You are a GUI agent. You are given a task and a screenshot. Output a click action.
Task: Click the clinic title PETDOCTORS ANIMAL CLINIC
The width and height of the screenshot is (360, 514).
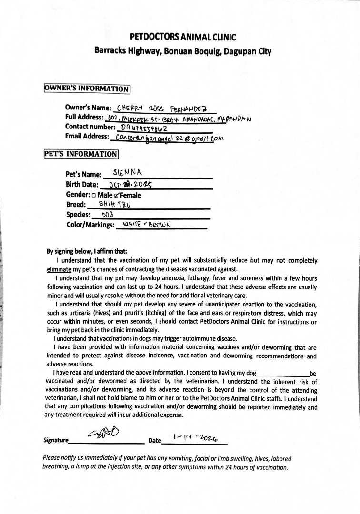coord(183,37)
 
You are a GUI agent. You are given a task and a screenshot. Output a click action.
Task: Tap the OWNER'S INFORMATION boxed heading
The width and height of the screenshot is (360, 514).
coord(87,89)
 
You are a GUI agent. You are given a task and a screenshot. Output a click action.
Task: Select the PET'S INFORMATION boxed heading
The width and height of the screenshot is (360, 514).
coord(80,154)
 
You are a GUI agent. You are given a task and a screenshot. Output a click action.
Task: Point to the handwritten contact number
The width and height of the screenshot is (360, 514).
coord(144,127)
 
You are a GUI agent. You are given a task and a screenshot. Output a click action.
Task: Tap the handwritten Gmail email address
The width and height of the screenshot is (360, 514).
coord(166,138)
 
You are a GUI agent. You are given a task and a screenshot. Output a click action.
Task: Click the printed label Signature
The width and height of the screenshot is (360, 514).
coord(56,441)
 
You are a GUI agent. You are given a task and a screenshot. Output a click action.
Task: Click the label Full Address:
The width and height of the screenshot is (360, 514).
coord(84,117)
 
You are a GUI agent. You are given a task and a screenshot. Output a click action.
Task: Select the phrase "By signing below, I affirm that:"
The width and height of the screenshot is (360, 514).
coord(87,251)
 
